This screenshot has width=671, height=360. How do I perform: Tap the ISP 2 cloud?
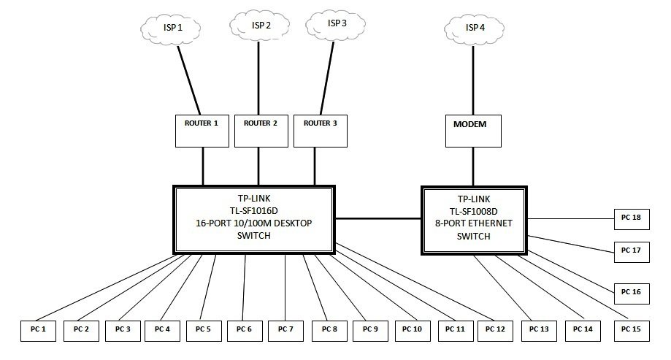[261, 25]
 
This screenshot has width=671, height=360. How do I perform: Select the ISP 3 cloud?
[337, 23]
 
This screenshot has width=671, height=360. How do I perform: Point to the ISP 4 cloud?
[474, 28]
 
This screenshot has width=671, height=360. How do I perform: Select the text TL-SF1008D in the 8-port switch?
[472, 211]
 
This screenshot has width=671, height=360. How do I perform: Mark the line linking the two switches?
[378, 218]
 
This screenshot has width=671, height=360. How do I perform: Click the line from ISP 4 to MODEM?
[472, 80]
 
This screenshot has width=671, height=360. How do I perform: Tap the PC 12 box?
[495, 330]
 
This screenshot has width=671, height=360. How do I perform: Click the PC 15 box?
[631, 330]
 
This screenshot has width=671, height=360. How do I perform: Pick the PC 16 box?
[631, 292]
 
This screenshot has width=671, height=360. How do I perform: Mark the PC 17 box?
[631, 250]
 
